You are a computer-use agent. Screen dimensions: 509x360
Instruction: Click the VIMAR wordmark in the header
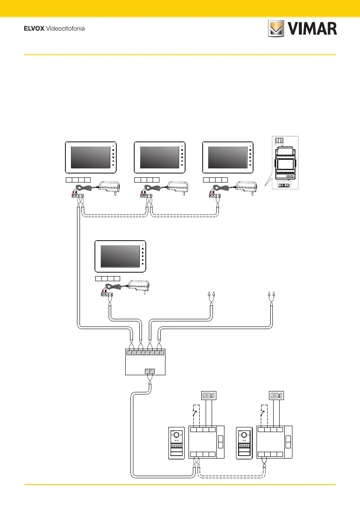coord(312,29)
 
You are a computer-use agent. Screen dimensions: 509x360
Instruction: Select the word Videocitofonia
coord(66,29)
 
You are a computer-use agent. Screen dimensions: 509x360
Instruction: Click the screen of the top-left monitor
coord(89,158)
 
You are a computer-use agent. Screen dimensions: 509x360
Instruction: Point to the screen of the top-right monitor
coord(227,158)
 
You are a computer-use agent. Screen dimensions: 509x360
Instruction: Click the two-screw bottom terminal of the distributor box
coord(150,371)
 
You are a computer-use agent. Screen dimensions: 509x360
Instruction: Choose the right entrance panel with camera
coord(244,443)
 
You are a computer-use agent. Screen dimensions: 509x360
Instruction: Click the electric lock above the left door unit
coord(208,396)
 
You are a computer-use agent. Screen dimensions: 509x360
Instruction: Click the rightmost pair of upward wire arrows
coord(271,294)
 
